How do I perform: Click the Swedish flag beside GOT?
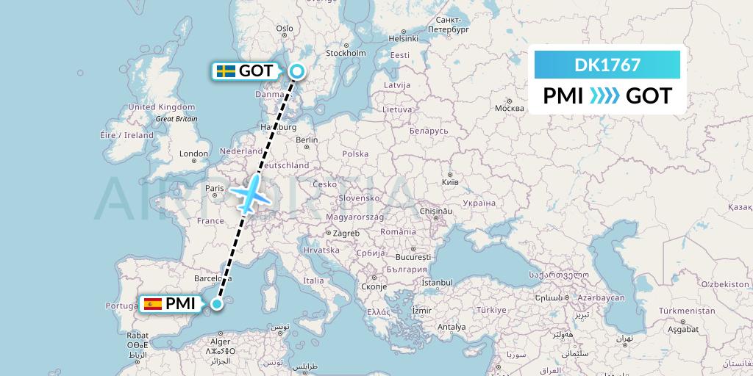226,71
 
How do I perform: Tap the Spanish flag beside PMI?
153,303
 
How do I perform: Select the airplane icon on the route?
250,194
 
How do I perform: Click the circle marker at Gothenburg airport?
296,70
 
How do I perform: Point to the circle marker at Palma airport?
217,303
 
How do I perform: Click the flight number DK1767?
607,65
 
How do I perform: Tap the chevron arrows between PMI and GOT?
604,95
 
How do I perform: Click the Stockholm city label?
345,53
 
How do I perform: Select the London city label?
194,154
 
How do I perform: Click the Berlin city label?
307,140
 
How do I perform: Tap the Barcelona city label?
213,279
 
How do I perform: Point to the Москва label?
509,108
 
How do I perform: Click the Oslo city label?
284,29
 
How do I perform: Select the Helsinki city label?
403,38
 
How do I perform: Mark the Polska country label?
355,154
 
